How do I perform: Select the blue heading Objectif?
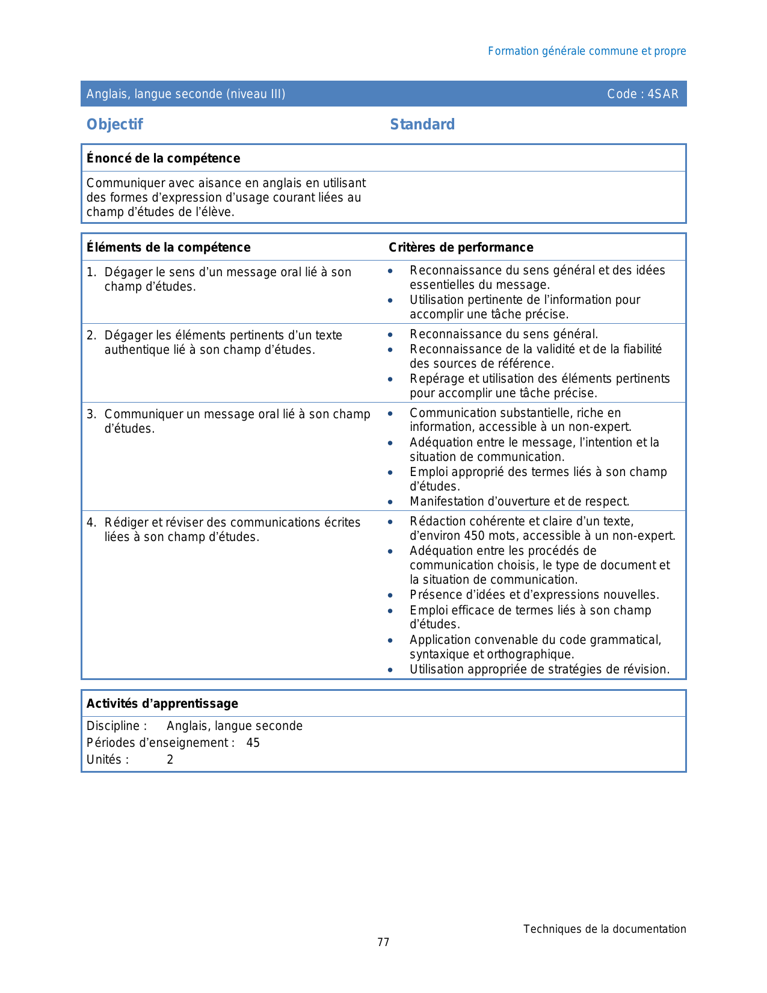click(114, 125)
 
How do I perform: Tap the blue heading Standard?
click(422, 125)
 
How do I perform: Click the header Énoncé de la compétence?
click(163, 158)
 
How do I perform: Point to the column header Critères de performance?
click(461, 247)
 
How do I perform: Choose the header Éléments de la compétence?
click(168, 247)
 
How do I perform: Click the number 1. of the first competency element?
click(91, 273)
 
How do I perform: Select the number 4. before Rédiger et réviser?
click(91, 523)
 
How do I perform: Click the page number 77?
click(383, 942)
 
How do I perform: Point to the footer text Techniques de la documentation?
click(604, 929)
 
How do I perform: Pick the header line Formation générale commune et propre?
click(587, 51)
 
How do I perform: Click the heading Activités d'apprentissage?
click(162, 704)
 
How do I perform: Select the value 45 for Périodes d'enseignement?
click(253, 743)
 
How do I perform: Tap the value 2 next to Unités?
click(170, 760)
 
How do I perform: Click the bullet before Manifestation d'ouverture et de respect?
click(390, 502)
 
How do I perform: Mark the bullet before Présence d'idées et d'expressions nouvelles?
click(390, 595)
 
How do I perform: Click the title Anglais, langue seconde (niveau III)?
click(186, 94)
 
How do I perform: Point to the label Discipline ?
click(117, 726)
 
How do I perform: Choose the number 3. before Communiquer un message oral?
click(91, 415)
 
